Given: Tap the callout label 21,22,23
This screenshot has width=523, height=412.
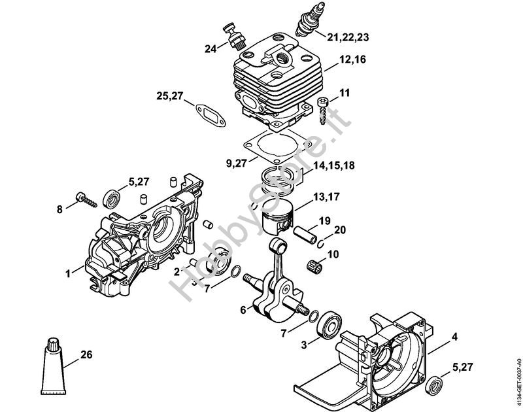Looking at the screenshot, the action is coord(348,37).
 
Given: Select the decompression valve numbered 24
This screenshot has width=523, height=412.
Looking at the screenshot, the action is coord(235,37).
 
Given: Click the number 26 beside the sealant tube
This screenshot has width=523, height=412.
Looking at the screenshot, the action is coord(86,354).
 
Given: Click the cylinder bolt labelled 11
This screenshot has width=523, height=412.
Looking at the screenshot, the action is coord(323,111).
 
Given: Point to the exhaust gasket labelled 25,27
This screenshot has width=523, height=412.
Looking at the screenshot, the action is coord(211,116).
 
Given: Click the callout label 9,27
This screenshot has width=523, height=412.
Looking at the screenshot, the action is coord(236,163).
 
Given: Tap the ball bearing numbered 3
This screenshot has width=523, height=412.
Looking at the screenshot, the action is coord(329,324).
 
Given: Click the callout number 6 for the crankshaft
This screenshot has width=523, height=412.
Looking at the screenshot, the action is coord(243,310).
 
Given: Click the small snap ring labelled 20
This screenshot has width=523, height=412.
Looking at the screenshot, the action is coord(320,243).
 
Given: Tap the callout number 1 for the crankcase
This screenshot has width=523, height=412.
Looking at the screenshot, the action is coord(68,274).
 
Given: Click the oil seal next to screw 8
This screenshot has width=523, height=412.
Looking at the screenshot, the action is coord(112,199).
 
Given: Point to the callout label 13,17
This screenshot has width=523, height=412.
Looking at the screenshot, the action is coord(326,197).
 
